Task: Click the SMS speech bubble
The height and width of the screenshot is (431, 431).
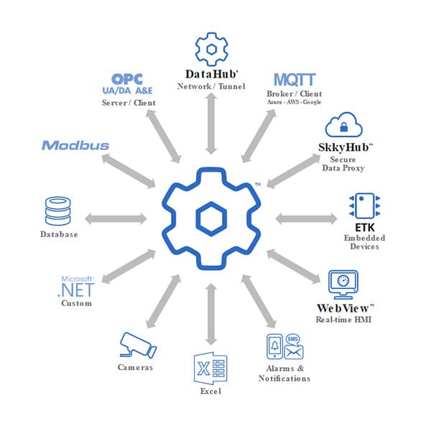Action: [293, 338]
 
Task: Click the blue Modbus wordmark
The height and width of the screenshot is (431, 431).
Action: [75, 146]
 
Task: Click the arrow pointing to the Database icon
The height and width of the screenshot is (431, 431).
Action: [114, 218]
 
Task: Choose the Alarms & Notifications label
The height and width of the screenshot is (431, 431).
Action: [284, 373]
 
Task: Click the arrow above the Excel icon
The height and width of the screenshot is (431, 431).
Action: [210, 314]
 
